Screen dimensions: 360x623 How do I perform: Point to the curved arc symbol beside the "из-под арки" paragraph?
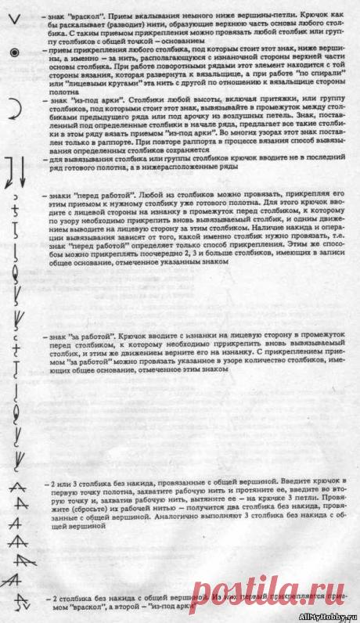pyautogui.click(x=13, y=110)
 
